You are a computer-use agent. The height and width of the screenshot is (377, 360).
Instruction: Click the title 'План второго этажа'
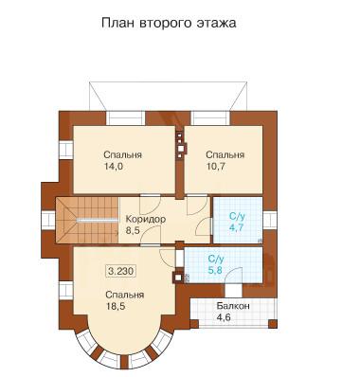tap(169, 24)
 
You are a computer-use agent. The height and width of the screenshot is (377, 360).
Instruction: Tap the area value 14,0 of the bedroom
tap(114, 167)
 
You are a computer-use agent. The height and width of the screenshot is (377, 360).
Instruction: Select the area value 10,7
tap(215, 167)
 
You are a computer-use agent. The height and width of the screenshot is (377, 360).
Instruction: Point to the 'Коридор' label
tap(146, 219)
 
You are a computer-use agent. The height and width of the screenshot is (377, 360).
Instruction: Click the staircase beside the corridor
tap(87, 220)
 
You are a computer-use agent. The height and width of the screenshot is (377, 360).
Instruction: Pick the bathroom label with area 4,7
tap(236, 223)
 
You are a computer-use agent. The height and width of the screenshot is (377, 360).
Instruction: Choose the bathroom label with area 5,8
tap(216, 264)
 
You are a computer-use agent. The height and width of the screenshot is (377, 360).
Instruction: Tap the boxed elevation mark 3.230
tap(121, 271)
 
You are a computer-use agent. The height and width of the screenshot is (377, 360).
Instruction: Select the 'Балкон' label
tap(233, 306)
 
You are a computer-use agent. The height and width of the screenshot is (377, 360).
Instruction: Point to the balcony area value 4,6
tap(224, 316)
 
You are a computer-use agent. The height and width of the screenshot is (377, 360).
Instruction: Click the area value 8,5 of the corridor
tap(133, 230)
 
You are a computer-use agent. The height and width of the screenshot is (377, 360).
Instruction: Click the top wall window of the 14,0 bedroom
tap(125, 117)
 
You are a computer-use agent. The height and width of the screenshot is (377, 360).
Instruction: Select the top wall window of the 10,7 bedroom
tap(211, 117)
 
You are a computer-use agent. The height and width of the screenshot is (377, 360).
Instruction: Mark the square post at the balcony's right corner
tap(273, 324)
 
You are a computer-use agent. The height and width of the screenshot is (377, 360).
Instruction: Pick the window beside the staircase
tap(49, 221)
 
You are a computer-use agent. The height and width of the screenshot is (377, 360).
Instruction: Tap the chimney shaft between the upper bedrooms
tap(180, 144)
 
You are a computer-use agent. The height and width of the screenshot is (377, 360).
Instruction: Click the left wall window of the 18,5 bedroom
tap(66, 290)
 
